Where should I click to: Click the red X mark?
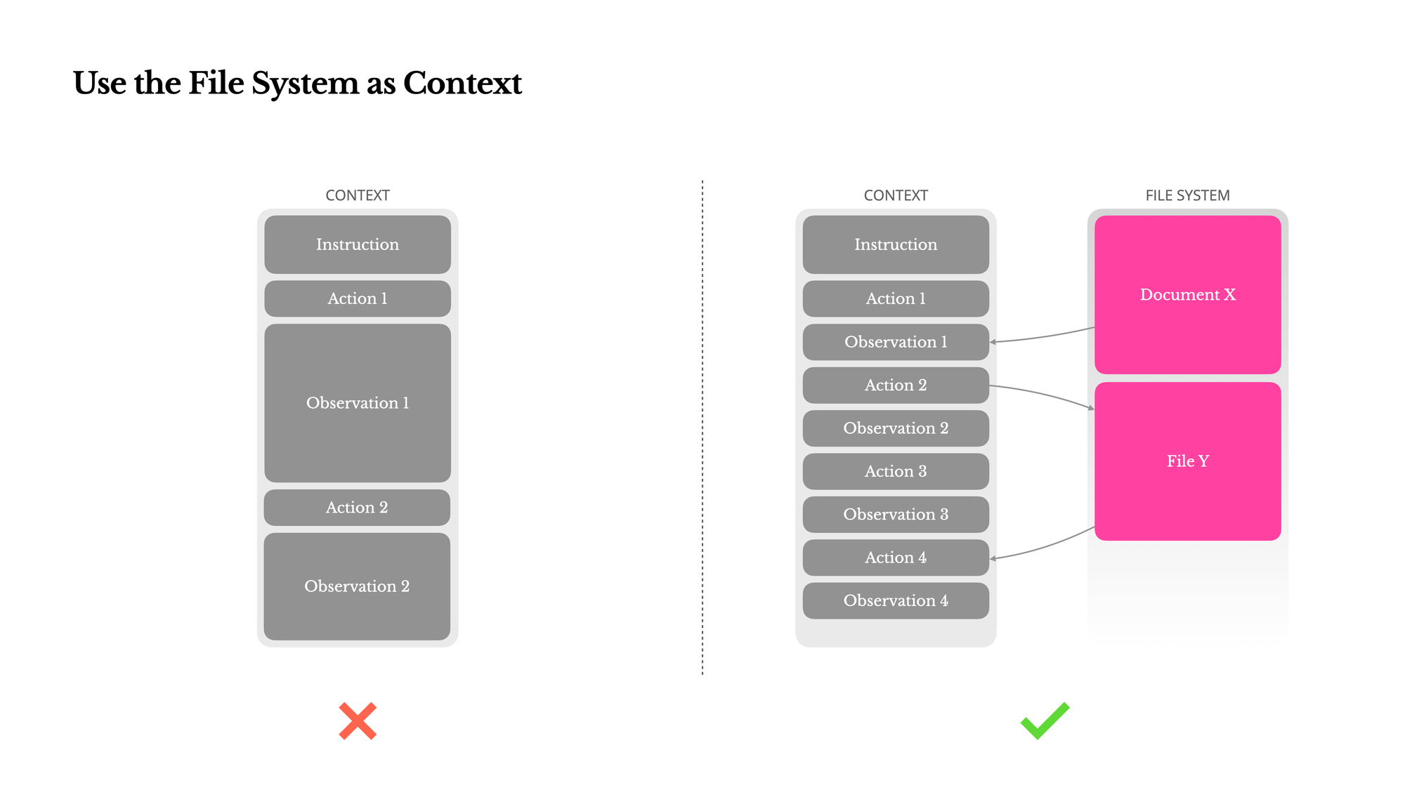358,720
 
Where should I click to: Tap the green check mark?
1045,722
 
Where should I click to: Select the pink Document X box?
1187,294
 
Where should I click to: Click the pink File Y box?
1187,461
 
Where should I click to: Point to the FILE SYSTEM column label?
1187,195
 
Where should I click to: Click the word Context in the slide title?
462,83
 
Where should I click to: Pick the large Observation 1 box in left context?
357,402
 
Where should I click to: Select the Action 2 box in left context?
357,507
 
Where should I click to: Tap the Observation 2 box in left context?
357,586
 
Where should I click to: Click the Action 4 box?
896,558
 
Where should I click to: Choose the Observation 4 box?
896,600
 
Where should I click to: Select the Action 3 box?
896,471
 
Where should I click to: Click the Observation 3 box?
896,514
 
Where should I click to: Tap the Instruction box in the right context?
896,244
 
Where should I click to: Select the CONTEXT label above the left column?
357,195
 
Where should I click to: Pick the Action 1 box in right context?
896,298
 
